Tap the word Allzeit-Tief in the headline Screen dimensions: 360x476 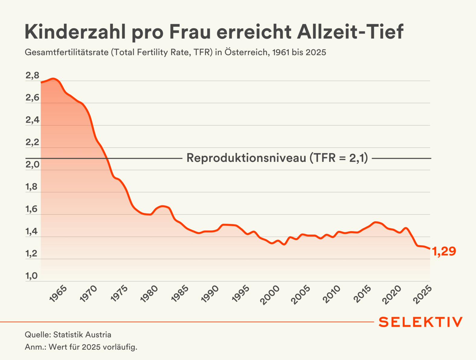point(350,32)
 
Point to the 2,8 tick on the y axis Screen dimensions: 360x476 point(32,75)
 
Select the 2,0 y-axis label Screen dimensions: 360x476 point(32,165)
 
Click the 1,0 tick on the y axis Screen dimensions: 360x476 point(32,276)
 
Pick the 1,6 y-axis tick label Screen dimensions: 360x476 point(32,209)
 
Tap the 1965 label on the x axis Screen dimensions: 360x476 point(58,294)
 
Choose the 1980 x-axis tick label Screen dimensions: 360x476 point(149,294)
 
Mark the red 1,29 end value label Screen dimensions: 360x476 point(444,251)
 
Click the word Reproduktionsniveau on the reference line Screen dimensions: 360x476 point(246,158)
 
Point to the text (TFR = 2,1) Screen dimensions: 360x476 point(339,158)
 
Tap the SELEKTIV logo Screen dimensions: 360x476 point(420,322)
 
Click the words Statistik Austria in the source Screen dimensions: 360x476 point(82,335)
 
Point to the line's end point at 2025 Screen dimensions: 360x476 point(429,249)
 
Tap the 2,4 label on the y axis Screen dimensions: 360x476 point(32,120)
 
